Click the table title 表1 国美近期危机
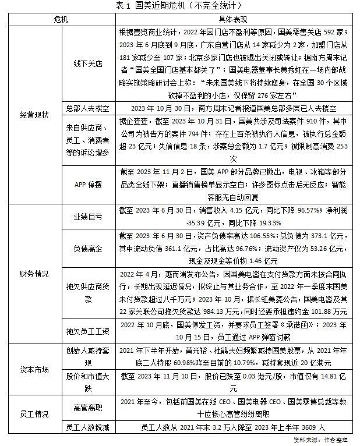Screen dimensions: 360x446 [x=179, y=6]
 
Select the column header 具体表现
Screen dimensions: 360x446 [x=232, y=19]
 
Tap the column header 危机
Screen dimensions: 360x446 [x=60, y=19]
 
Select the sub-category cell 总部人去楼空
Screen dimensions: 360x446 [x=84, y=108]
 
